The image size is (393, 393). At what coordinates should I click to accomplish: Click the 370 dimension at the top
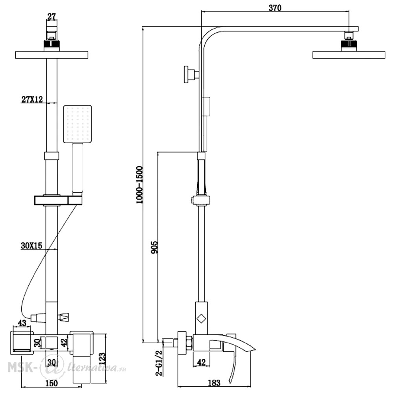point(275,8)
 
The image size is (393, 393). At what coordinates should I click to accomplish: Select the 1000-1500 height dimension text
point(139,185)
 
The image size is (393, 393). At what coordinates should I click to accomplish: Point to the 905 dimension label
point(154,247)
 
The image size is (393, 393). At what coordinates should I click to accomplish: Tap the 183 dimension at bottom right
point(214,383)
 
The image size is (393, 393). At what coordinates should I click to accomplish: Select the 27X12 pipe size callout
point(32,99)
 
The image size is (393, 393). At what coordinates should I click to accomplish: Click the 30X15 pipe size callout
point(31,246)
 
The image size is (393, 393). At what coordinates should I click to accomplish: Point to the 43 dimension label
point(22,323)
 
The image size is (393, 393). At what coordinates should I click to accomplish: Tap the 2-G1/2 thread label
point(159,363)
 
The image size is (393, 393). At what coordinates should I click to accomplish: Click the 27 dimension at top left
point(51,17)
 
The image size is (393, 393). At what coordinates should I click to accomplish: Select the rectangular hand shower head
point(77,124)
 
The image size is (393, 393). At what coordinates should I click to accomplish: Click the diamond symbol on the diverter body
point(201,319)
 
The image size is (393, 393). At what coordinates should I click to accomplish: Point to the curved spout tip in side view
point(253,349)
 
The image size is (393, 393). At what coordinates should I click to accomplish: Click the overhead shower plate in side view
point(349,55)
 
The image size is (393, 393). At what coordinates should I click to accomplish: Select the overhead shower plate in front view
point(51,55)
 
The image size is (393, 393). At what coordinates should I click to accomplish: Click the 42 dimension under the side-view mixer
point(201,362)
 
